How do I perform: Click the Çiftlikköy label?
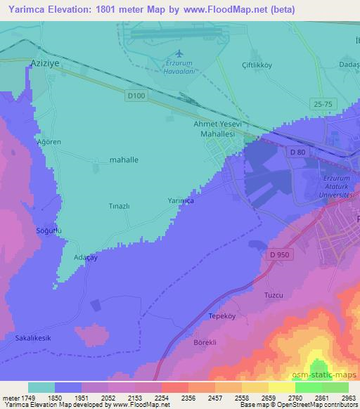click(256, 63)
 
